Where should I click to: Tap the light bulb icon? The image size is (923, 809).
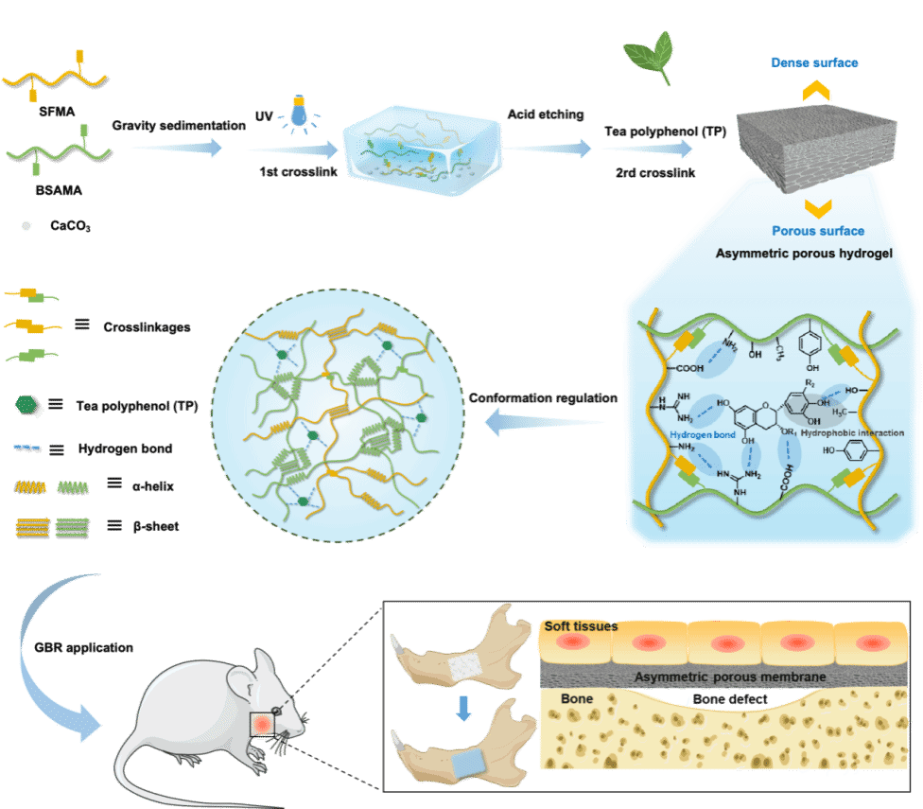click(x=299, y=112)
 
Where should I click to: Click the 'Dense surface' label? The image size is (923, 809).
click(x=814, y=62)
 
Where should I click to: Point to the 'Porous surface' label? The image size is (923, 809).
click(x=817, y=230)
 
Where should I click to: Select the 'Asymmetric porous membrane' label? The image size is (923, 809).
click(x=728, y=677)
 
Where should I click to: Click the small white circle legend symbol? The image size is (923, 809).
click(x=26, y=226)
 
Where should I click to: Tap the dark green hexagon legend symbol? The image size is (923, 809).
click(x=26, y=405)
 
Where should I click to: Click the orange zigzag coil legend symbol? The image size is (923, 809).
click(x=31, y=487)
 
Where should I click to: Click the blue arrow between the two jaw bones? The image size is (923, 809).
click(x=462, y=709)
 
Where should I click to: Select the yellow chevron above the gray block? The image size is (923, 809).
click(x=816, y=90)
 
